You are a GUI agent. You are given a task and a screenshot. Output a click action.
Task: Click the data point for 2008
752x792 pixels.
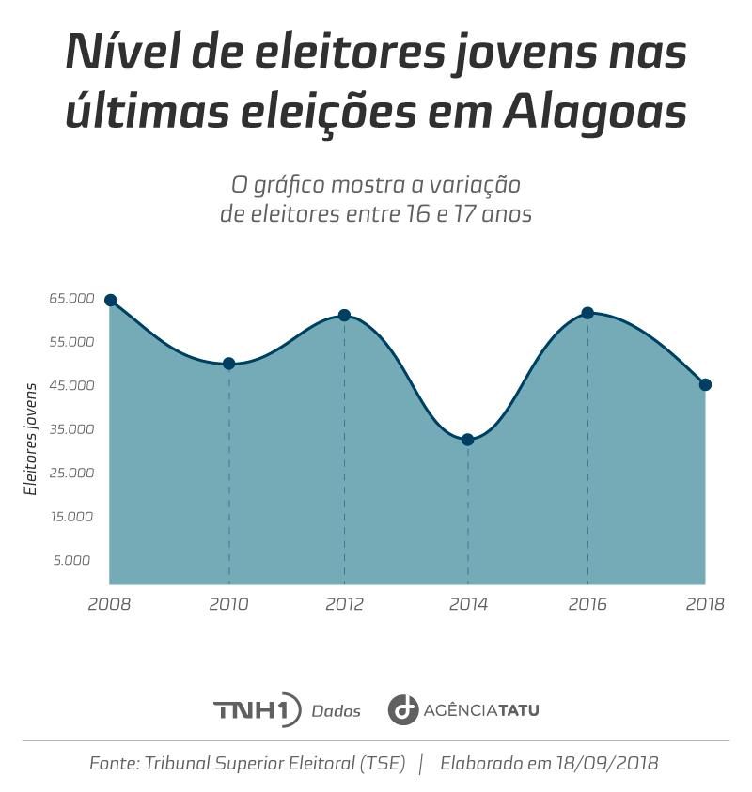pos(110,301)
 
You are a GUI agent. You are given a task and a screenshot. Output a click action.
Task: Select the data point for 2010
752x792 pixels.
pos(228,364)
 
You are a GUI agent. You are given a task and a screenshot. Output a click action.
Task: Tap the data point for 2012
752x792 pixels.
pos(344,316)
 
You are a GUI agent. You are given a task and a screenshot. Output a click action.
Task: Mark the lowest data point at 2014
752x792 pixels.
pos(467,440)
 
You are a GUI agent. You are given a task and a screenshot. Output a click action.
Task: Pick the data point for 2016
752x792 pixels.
pos(587,313)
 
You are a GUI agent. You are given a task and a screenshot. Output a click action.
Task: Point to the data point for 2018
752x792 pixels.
pos(705,384)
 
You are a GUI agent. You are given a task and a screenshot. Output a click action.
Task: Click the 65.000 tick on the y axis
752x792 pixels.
pos(72,299)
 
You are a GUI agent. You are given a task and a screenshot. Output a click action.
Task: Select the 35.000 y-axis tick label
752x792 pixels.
pos(72,429)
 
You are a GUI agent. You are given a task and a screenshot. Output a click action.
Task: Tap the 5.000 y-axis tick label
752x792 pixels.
pos(72,561)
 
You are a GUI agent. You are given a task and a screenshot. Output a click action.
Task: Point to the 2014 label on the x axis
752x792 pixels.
pos(468,604)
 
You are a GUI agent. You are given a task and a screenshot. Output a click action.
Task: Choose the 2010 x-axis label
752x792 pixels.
pos(228,604)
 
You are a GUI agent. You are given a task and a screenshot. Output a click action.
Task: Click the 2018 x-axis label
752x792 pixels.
pos(705,604)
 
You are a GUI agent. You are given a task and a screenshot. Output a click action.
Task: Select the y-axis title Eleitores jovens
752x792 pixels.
pos(31,439)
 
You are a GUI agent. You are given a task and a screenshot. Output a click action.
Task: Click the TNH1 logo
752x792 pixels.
pos(257,709)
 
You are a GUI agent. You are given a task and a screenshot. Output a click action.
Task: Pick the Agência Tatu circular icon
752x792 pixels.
pos(403,709)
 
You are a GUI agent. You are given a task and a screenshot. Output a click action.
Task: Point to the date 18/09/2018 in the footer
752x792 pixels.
pos(605,763)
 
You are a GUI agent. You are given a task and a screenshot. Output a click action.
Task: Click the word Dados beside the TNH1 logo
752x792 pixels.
pos(336,711)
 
